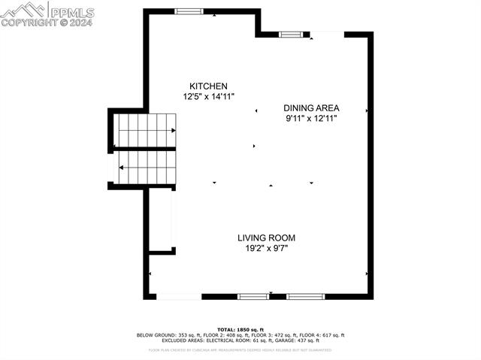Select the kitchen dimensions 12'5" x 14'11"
(209, 97)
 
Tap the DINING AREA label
(311, 107)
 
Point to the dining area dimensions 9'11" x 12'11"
(311, 118)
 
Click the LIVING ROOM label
(262, 237)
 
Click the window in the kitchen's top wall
(189, 11)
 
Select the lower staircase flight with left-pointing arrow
(147, 167)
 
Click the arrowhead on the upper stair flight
(174, 130)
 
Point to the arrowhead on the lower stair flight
(122, 167)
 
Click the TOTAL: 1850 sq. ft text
(240, 330)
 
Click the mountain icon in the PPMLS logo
(23, 10)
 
